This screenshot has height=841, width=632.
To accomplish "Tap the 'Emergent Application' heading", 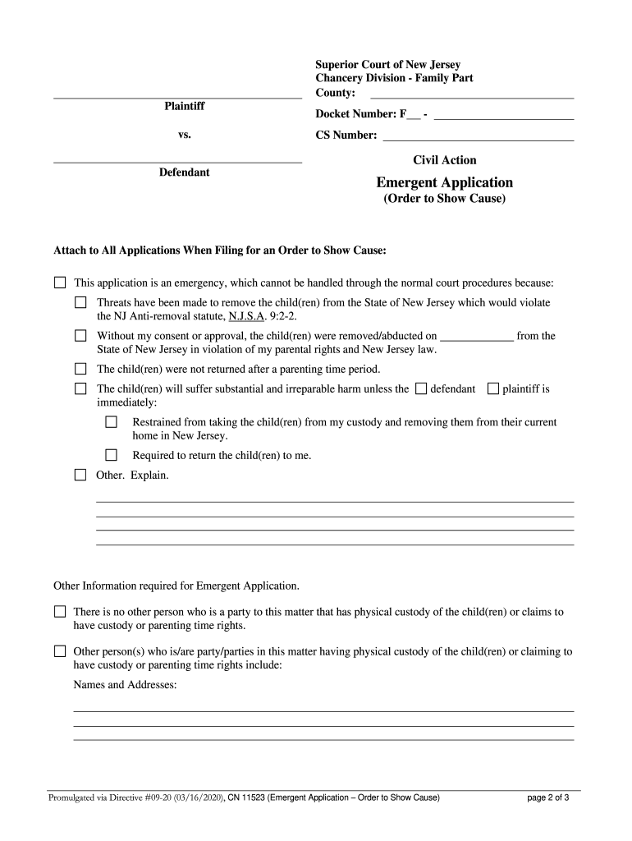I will click(444, 182).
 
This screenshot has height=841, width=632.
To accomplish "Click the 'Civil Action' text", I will click(444, 160).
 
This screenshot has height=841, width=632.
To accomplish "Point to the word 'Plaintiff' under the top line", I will click(184, 107).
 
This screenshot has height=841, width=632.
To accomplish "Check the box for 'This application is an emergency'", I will click(60, 283).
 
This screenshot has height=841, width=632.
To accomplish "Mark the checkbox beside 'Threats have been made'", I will click(80, 303).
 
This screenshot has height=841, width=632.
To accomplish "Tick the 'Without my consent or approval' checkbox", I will click(80, 336).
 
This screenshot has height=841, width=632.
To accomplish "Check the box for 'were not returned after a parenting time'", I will click(80, 369).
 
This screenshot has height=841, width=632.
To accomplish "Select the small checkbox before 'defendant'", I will click(421, 388).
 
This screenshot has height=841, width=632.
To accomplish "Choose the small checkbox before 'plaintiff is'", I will click(493, 388).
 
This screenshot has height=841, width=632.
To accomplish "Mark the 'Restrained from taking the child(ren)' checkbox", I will click(112, 422).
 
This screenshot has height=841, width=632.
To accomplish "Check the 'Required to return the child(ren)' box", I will click(112, 455).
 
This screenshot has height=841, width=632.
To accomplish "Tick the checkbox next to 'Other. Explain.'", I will click(80, 475).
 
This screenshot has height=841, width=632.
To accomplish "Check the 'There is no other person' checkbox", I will click(60, 612).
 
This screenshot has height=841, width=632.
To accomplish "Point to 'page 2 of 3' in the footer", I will click(548, 797).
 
